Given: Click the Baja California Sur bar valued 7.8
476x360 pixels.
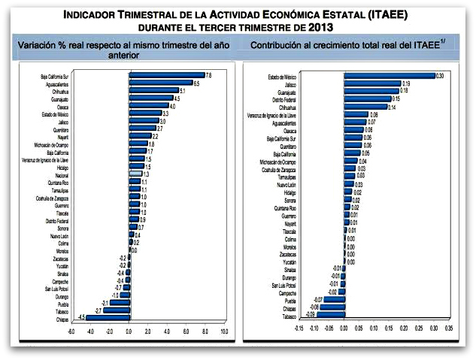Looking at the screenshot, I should (167, 75).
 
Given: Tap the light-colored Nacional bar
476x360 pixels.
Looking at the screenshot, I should (135, 174).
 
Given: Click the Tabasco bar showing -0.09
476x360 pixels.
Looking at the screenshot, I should (332, 314).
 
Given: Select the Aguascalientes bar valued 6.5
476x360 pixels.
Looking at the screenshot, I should (160, 83).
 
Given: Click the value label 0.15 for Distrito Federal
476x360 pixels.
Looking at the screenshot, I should (396, 98).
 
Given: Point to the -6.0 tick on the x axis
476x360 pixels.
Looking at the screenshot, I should (71, 331).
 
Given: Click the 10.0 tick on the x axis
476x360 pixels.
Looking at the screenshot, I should (224, 331).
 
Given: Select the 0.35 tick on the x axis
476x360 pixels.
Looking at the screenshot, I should (449, 328).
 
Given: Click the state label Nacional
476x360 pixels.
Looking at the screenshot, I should (62, 174).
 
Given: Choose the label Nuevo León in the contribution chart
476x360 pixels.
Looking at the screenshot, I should (286, 185).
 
